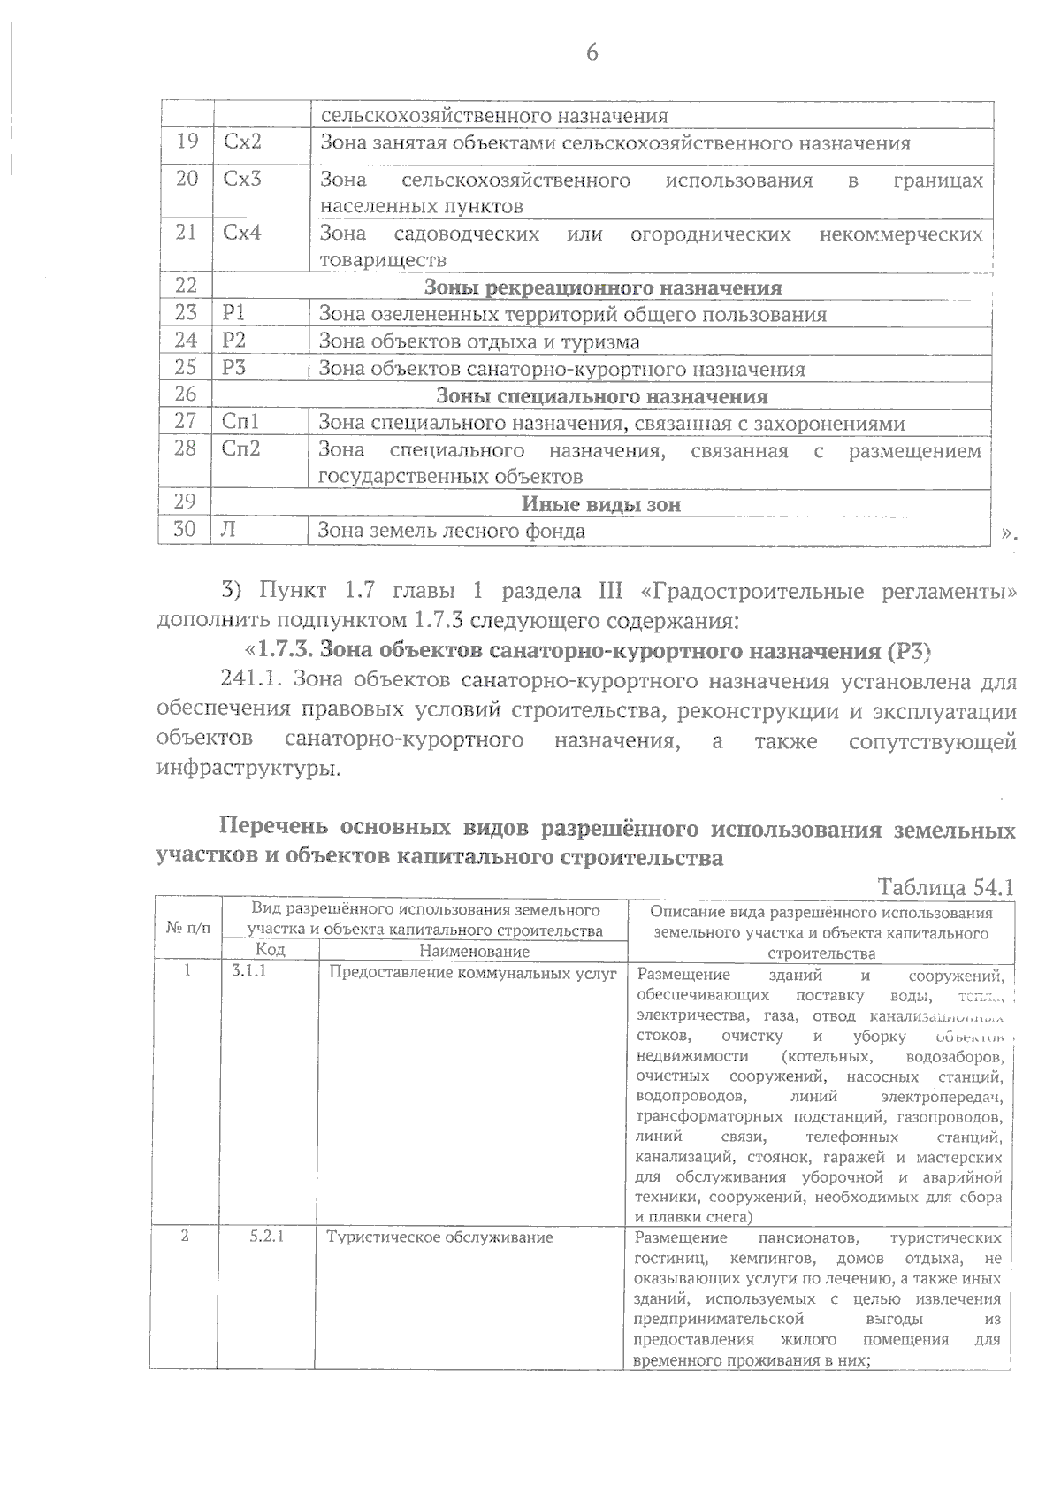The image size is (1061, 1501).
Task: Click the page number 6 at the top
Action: (592, 53)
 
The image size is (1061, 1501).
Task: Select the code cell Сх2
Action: (242, 142)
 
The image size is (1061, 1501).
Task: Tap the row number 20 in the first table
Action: (187, 179)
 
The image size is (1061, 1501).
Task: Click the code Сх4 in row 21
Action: (242, 234)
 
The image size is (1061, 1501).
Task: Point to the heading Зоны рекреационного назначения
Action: (603, 287)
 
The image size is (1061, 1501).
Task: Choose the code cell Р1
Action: (234, 313)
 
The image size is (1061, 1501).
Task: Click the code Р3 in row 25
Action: (234, 368)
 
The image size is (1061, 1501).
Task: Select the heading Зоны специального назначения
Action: (602, 396)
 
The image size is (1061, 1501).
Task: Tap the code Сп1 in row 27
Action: (240, 423)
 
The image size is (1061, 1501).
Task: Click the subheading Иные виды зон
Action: (601, 504)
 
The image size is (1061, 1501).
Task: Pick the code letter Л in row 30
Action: (228, 531)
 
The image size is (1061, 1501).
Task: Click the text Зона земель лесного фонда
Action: (452, 532)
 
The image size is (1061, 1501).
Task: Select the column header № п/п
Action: (188, 929)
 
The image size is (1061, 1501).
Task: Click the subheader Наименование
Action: (475, 952)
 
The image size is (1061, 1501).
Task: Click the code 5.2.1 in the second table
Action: (266, 1237)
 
